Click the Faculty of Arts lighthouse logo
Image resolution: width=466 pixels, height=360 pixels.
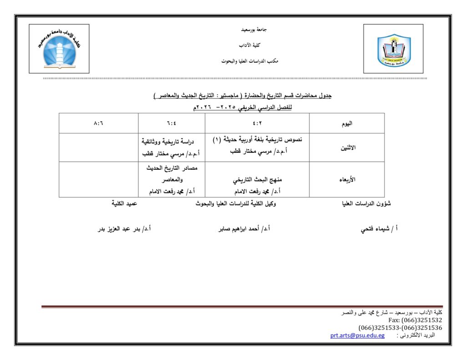[x=59, y=49]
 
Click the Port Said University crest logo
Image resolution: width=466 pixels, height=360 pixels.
[x=394, y=49]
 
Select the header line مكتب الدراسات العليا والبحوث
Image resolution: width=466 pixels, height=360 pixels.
[x=249, y=61]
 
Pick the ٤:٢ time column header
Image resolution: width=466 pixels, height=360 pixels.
[x=258, y=123]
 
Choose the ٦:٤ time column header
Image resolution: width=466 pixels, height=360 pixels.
[x=172, y=123]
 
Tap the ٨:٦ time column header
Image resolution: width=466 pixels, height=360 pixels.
[x=98, y=123]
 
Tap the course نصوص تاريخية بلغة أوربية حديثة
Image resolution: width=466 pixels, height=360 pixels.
[x=257, y=140]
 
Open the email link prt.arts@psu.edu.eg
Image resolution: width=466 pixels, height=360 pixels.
[x=357, y=335]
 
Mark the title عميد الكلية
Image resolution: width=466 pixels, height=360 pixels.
[x=124, y=204]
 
